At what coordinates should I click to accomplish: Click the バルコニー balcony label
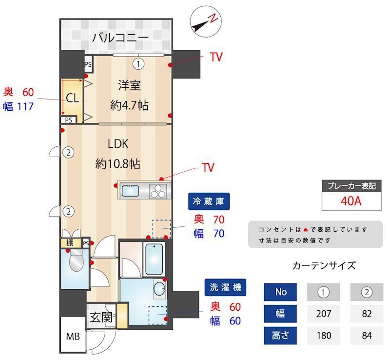click(x=120, y=37)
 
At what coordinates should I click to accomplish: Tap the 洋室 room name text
click(x=129, y=85)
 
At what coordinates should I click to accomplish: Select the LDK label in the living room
click(x=117, y=144)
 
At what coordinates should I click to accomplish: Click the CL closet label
click(x=72, y=98)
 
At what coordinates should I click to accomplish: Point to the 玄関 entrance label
click(x=101, y=318)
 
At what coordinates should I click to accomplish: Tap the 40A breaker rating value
click(x=351, y=201)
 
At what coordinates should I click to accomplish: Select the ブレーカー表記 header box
click(x=351, y=186)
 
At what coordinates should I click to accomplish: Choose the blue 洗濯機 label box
click(x=226, y=287)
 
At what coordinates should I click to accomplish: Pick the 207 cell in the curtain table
click(x=324, y=314)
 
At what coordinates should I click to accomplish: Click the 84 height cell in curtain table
click(x=367, y=336)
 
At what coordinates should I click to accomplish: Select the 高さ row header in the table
click(x=281, y=336)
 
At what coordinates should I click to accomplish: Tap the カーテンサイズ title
click(x=324, y=266)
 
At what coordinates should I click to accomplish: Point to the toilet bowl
click(x=76, y=263)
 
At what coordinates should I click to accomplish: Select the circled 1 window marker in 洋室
click(x=139, y=63)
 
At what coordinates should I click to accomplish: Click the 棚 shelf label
click(x=70, y=243)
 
